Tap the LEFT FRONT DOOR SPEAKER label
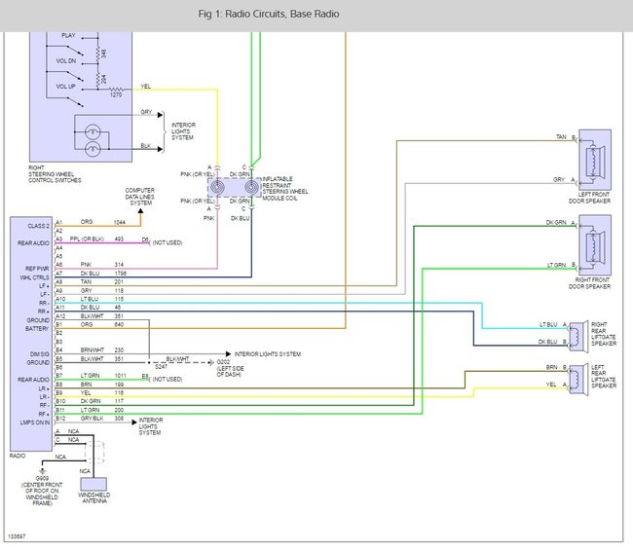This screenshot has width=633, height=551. (x=595, y=197)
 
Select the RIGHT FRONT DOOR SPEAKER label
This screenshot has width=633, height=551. (x=595, y=283)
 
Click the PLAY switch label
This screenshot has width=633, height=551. (x=68, y=35)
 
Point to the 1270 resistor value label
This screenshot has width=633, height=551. (x=115, y=94)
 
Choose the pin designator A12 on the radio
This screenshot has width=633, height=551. (x=59, y=316)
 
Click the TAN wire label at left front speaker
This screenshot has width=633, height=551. (x=561, y=136)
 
